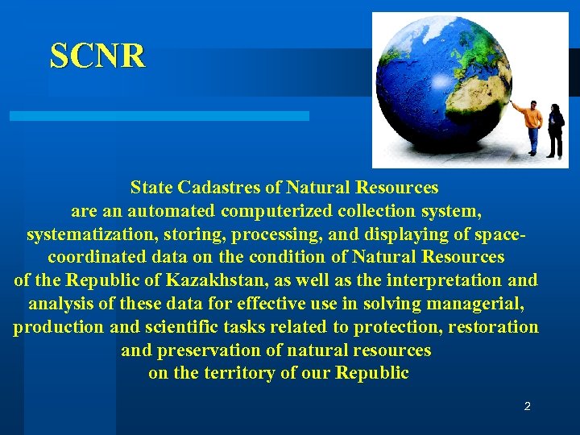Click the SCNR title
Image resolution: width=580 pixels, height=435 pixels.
[x=97, y=56]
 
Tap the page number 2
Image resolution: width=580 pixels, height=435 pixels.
[x=527, y=407]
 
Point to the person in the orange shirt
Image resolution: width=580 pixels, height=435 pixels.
[x=531, y=126]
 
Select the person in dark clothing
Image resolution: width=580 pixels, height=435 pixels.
[x=555, y=129]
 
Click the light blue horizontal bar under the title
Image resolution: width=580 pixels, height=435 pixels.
[x=159, y=116]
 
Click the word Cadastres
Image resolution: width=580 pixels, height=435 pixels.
[x=213, y=188]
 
